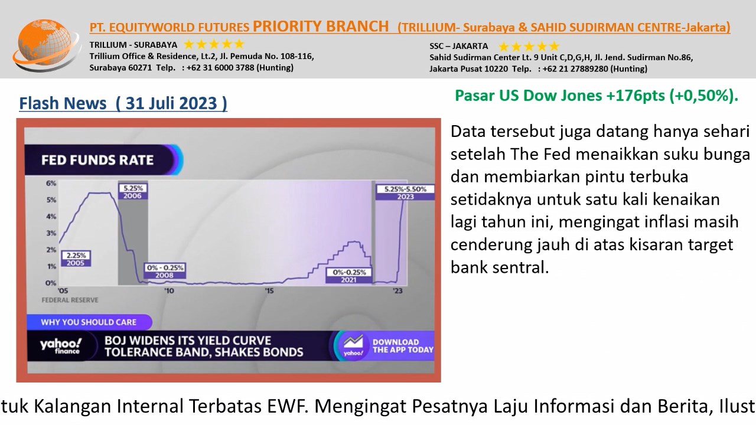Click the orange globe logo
coord(47,45)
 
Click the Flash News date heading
coord(123,103)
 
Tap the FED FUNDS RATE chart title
coord(97,160)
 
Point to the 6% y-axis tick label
coord(51,183)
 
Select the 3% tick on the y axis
coord(51,233)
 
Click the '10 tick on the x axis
coord(169,291)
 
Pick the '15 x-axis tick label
coord(269,291)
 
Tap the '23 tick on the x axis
coord(398,291)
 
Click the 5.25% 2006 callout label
coord(133,192)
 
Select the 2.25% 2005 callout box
coord(76,259)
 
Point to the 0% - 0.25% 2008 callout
coord(165,271)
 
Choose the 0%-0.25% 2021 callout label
coord(349,276)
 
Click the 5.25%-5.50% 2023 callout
coord(405,192)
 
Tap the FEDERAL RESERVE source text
coord(70,300)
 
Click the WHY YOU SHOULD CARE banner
coord(89,322)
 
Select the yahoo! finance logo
coord(61,346)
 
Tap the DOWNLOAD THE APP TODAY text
coord(403,346)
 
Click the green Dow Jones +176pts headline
coord(597,96)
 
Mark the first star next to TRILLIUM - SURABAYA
coord(188,44)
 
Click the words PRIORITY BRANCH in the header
coord(321,27)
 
